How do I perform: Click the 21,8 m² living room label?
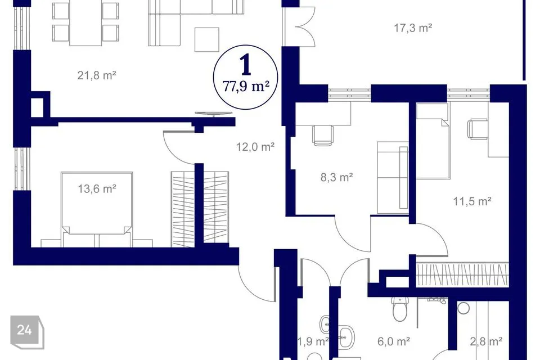click(96, 75)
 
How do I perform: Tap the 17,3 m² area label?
click(413, 28)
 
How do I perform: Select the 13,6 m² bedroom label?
click(97, 189)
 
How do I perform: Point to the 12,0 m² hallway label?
click(255, 147)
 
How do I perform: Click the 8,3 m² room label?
click(336, 177)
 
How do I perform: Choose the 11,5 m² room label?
click(472, 201)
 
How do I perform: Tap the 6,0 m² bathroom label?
click(394, 341)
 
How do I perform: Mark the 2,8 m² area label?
click(486, 341)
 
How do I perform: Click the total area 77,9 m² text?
click(246, 86)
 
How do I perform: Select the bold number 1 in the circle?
click(246, 66)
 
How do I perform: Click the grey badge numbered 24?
click(27, 332)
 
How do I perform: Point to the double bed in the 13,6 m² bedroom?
click(96, 209)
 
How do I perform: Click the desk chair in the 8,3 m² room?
click(323, 136)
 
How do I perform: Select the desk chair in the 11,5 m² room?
click(478, 129)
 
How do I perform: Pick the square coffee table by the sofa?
click(206, 39)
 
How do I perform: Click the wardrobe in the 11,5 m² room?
click(462, 274)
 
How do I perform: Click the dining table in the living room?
click(85, 22)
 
